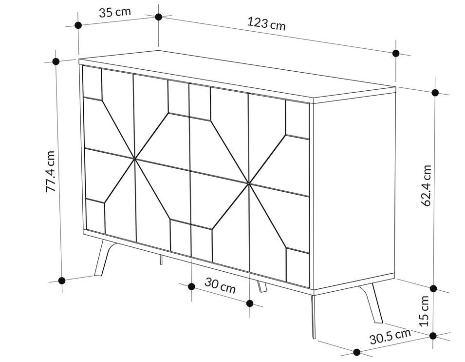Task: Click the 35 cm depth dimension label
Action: [x=114, y=12]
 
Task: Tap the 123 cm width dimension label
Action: [x=266, y=23]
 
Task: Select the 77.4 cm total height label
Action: [x=51, y=171]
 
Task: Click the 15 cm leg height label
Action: [x=425, y=311]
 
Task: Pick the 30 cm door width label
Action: [x=220, y=285]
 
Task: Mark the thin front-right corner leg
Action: [x=313, y=317]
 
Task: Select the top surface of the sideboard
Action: [x=237, y=76]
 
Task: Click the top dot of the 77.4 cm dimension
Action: [x=56, y=61]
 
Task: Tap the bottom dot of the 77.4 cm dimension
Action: [x=62, y=280]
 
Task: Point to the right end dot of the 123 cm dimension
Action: [x=396, y=53]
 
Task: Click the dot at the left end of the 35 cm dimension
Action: [x=78, y=25]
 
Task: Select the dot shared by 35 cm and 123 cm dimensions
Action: [x=159, y=17]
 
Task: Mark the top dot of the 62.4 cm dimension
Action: [x=435, y=92]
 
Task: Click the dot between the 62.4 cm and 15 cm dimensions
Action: [x=433, y=288]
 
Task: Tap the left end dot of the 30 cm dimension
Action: [x=192, y=286]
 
